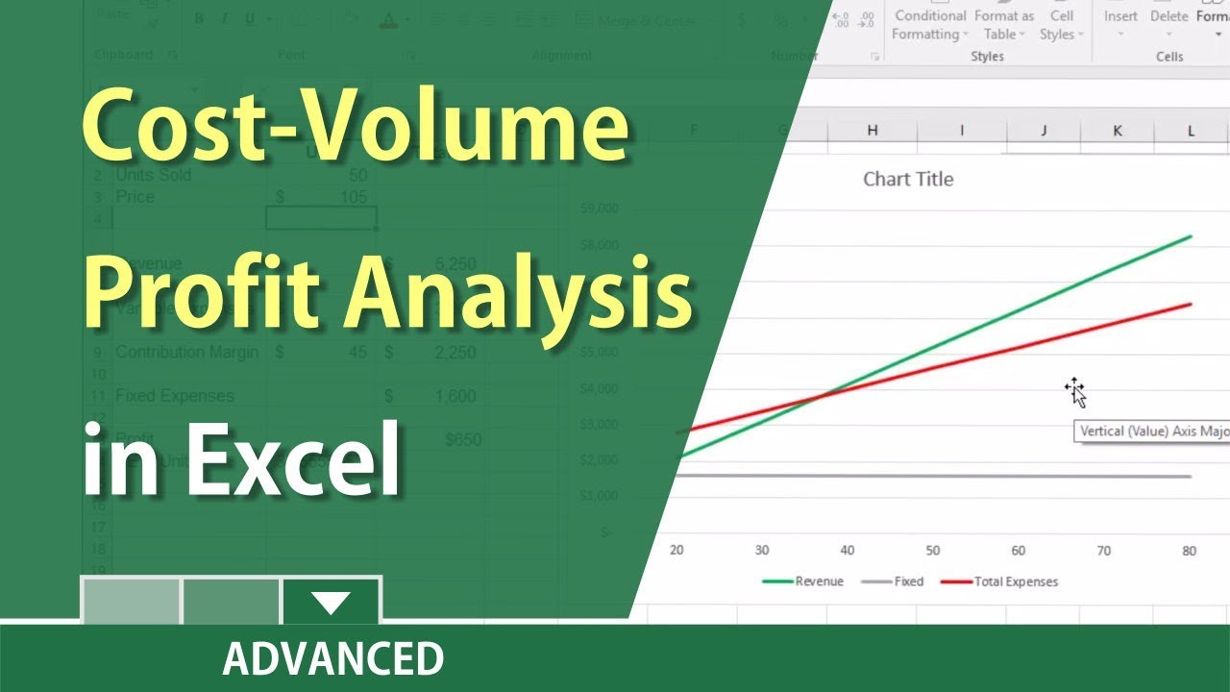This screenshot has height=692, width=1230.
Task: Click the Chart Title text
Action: (x=908, y=179)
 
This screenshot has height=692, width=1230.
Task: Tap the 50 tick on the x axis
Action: (x=933, y=551)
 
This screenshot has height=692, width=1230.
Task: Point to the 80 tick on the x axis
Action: (x=1190, y=551)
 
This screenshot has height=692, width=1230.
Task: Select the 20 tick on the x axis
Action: (x=676, y=551)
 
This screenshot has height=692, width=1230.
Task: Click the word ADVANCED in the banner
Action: (x=332, y=658)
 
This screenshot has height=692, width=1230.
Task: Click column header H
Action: (x=873, y=131)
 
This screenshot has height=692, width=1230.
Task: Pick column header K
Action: (x=1118, y=131)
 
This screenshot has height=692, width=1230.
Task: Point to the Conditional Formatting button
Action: (x=930, y=25)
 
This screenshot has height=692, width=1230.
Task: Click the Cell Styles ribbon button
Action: (x=1061, y=25)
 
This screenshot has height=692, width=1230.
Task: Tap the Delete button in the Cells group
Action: (x=1168, y=17)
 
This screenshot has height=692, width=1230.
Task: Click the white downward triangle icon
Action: (x=332, y=604)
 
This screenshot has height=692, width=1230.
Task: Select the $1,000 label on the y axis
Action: (x=602, y=495)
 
